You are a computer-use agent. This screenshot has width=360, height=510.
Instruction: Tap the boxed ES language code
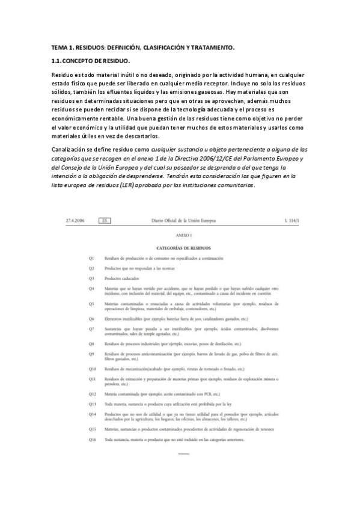tap(106, 221)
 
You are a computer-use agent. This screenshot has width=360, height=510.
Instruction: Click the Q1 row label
tap(92, 257)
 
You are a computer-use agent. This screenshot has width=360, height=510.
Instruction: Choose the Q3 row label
tap(92, 278)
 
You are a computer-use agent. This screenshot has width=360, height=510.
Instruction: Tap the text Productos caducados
tap(122, 278)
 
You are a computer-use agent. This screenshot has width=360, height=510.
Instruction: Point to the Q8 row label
tap(92, 343)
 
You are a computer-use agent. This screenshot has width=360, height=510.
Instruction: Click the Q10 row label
tap(93, 368)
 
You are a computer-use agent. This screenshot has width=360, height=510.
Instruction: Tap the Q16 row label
tap(93, 440)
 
